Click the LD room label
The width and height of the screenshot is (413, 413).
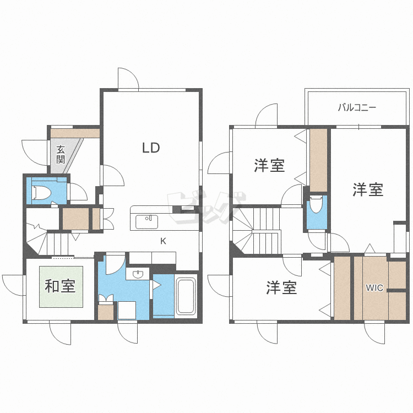[151, 148]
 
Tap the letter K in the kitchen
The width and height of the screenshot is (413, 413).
[163, 240]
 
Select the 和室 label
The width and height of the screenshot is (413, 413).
[61, 286]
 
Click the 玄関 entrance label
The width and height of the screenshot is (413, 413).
[61, 154]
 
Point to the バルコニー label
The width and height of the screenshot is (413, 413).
[357, 108]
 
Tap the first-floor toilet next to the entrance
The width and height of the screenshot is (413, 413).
[42, 192]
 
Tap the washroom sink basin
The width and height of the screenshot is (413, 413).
[137, 274]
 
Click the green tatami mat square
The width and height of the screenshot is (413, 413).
[61, 286]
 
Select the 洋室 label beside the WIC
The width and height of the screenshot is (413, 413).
[368, 190]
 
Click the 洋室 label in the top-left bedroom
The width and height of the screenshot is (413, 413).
[270, 165]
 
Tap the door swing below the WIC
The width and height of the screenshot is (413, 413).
[374, 333]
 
